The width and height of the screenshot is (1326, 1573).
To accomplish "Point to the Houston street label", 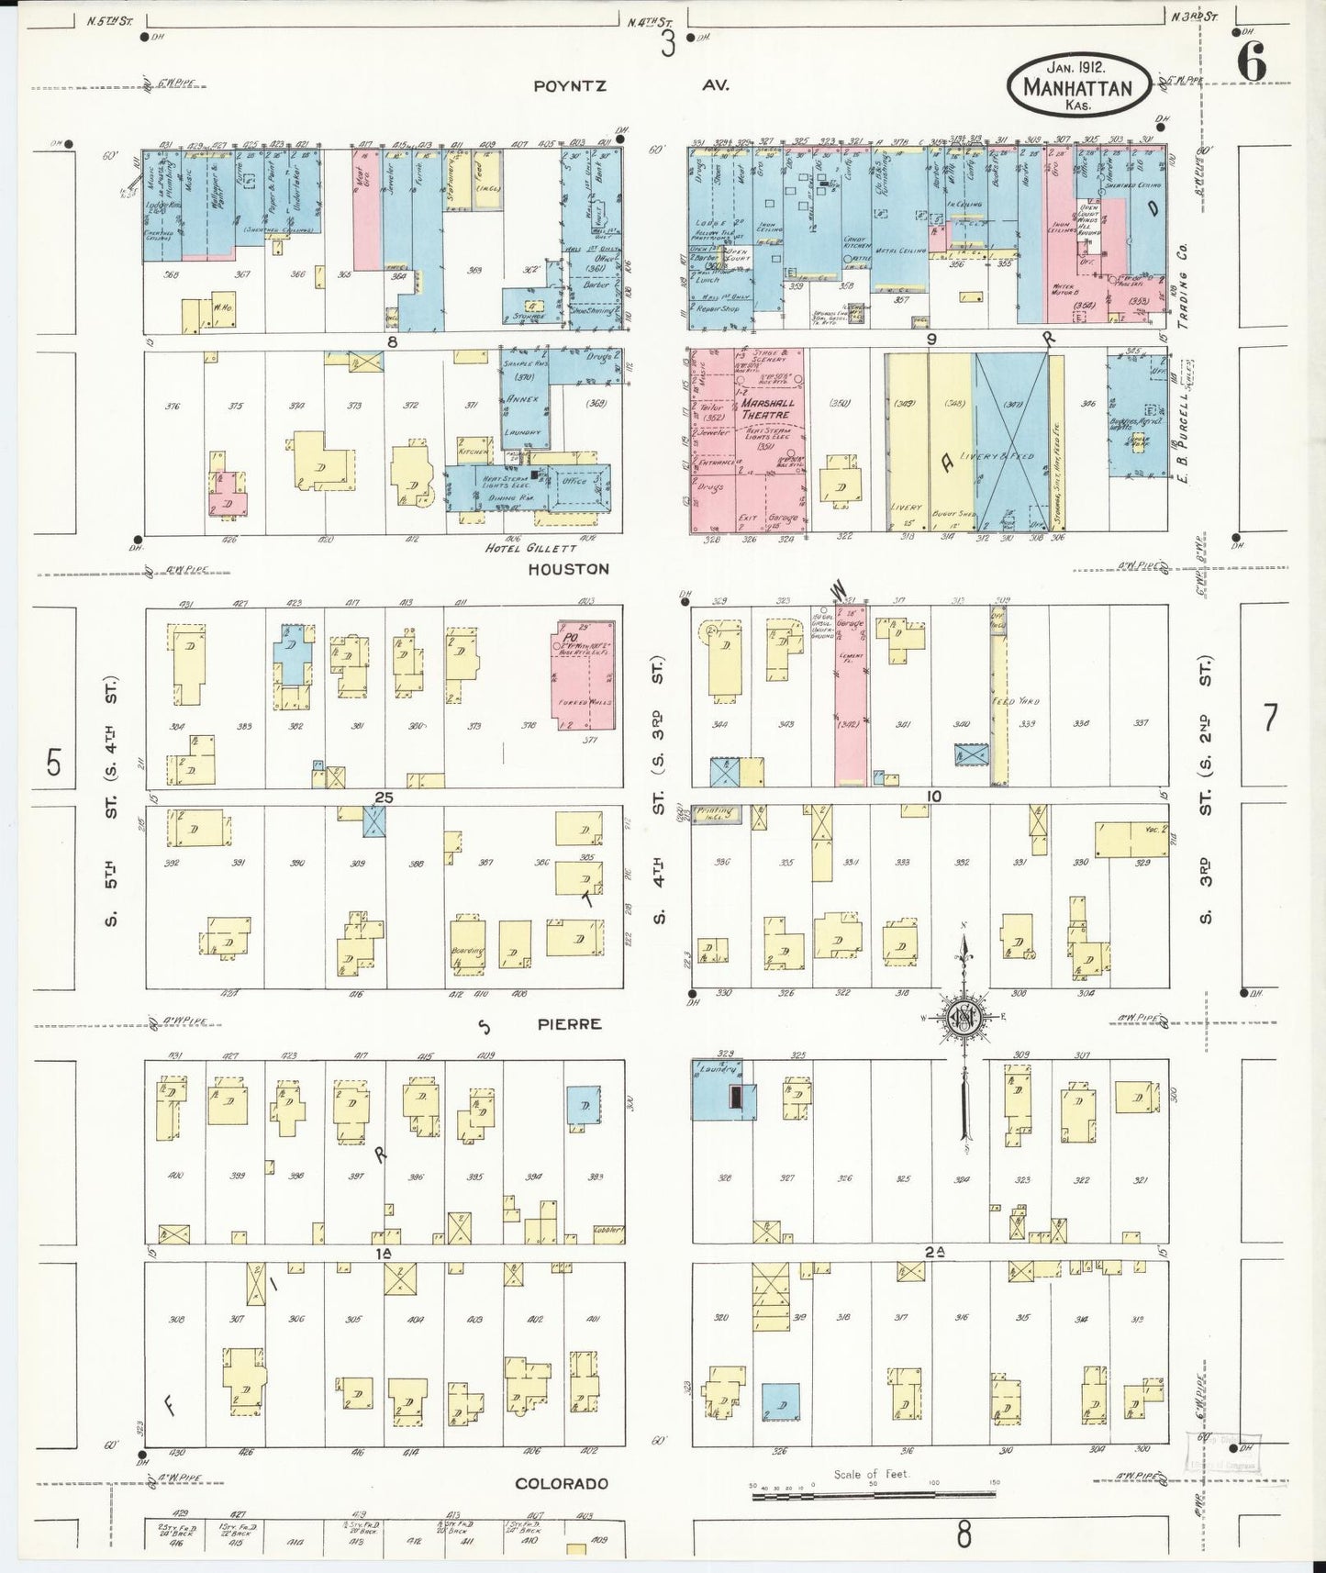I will (568, 569).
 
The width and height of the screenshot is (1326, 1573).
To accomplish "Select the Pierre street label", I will (577, 1023).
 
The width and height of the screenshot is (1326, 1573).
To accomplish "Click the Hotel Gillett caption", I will (523, 549).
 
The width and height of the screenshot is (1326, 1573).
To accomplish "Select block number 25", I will (384, 798).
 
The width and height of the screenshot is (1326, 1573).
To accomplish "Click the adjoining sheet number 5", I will (54, 763).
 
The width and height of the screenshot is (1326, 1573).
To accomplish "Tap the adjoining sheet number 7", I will (1270, 719).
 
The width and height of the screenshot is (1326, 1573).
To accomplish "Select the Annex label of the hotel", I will (520, 399).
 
